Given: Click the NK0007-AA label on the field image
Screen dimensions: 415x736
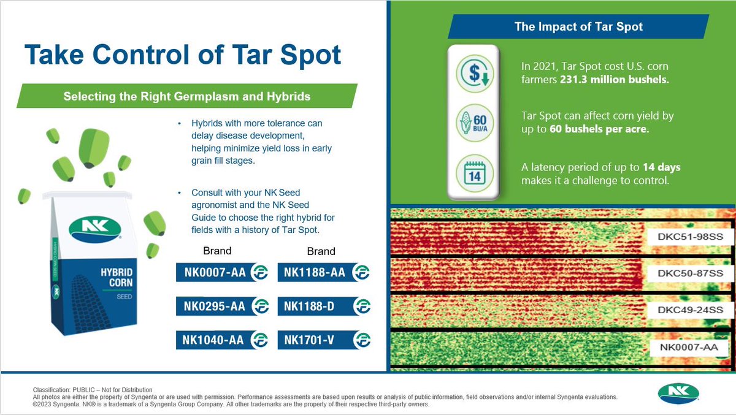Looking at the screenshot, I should click(688, 348).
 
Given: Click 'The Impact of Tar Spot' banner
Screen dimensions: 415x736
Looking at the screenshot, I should click(578, 27).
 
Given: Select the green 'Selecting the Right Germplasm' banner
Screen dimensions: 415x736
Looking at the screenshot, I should click(187, 96).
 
